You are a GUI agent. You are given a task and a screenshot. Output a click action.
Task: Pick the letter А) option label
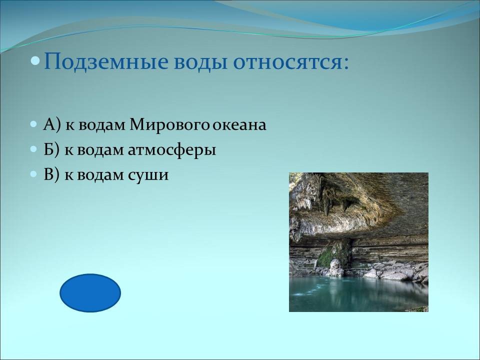[x=52, y=125]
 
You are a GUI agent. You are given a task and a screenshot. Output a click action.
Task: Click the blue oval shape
[x=90, y=293]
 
